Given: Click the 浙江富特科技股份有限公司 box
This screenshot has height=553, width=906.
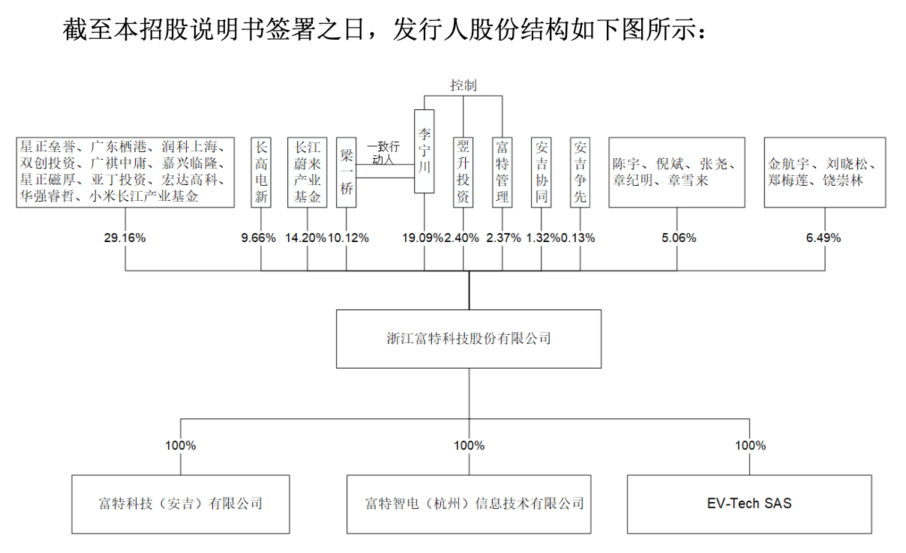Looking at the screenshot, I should tap(469, 339).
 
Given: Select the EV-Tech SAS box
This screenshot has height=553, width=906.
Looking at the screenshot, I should tap(749, 504).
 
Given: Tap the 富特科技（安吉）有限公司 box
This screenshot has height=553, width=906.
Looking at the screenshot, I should tap(181, 504).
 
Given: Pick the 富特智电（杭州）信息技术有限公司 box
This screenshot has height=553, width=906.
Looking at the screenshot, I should tap(469, 504).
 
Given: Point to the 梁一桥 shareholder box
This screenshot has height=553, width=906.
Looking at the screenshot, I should tap(346, 172).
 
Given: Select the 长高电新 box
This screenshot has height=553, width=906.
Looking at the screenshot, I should tap(261, 172).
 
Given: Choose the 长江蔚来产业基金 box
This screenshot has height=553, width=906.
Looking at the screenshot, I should tap(307, 172).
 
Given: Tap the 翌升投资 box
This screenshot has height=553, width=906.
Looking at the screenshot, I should tap(463, 172).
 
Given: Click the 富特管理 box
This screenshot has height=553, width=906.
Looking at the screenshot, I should tap(502, 172).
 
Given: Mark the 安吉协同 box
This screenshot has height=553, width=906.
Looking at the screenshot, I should tap(541, 172).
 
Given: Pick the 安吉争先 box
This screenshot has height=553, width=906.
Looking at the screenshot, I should tap(580, 172).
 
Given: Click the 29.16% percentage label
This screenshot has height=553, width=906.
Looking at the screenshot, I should tap(124, 238).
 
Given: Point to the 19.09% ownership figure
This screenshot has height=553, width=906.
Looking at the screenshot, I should tap(423, 238).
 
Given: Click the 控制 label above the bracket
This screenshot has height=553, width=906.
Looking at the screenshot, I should tap(463, 85).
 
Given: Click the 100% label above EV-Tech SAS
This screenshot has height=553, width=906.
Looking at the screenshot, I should tap(750, 445).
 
